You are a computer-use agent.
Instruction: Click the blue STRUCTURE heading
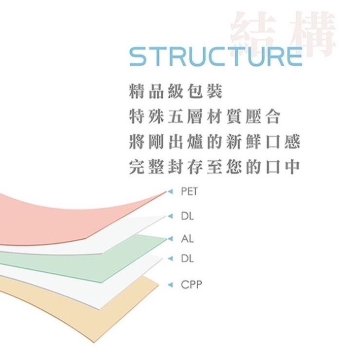216,56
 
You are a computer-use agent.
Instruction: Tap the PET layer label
189,191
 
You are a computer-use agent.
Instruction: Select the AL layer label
187,239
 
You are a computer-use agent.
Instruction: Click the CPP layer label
191,285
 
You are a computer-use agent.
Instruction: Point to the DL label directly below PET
187,216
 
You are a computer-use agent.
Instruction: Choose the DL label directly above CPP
187,259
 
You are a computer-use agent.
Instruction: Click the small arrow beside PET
171,191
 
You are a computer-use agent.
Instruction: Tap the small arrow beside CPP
171,285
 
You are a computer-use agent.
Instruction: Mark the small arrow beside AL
171,239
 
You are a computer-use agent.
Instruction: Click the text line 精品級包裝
176,92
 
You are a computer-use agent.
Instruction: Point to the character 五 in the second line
176,116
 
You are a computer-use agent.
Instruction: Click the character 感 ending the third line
292,141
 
